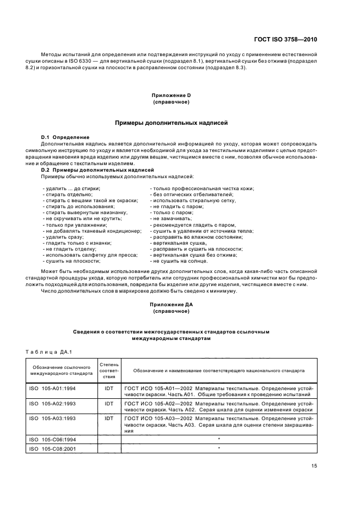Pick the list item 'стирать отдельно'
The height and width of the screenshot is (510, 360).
click(x=65, y=194)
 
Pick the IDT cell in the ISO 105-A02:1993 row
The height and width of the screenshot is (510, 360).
click(x=109, y=404)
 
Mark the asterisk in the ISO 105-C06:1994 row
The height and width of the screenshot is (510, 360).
click(x=218, y=438)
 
